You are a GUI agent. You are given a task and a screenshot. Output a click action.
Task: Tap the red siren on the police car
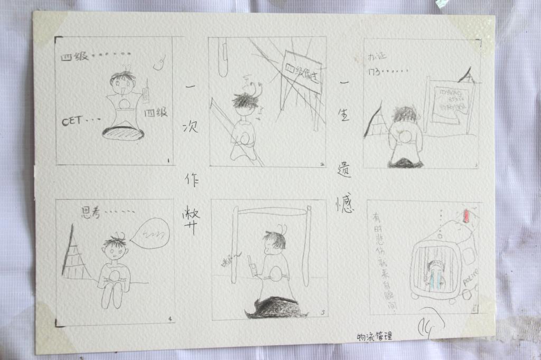[x=466, y=215]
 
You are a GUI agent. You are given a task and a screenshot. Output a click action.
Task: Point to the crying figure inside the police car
[x=435, y=274]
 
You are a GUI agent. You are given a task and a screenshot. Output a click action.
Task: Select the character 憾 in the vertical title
[x=344, y=203]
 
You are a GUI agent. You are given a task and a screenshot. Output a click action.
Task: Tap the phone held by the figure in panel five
[x=253, y=267]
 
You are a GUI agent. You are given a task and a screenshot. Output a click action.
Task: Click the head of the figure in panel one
[x=123, y=82]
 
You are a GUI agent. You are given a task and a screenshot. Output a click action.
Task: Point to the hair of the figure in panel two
[x=244, y=99]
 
